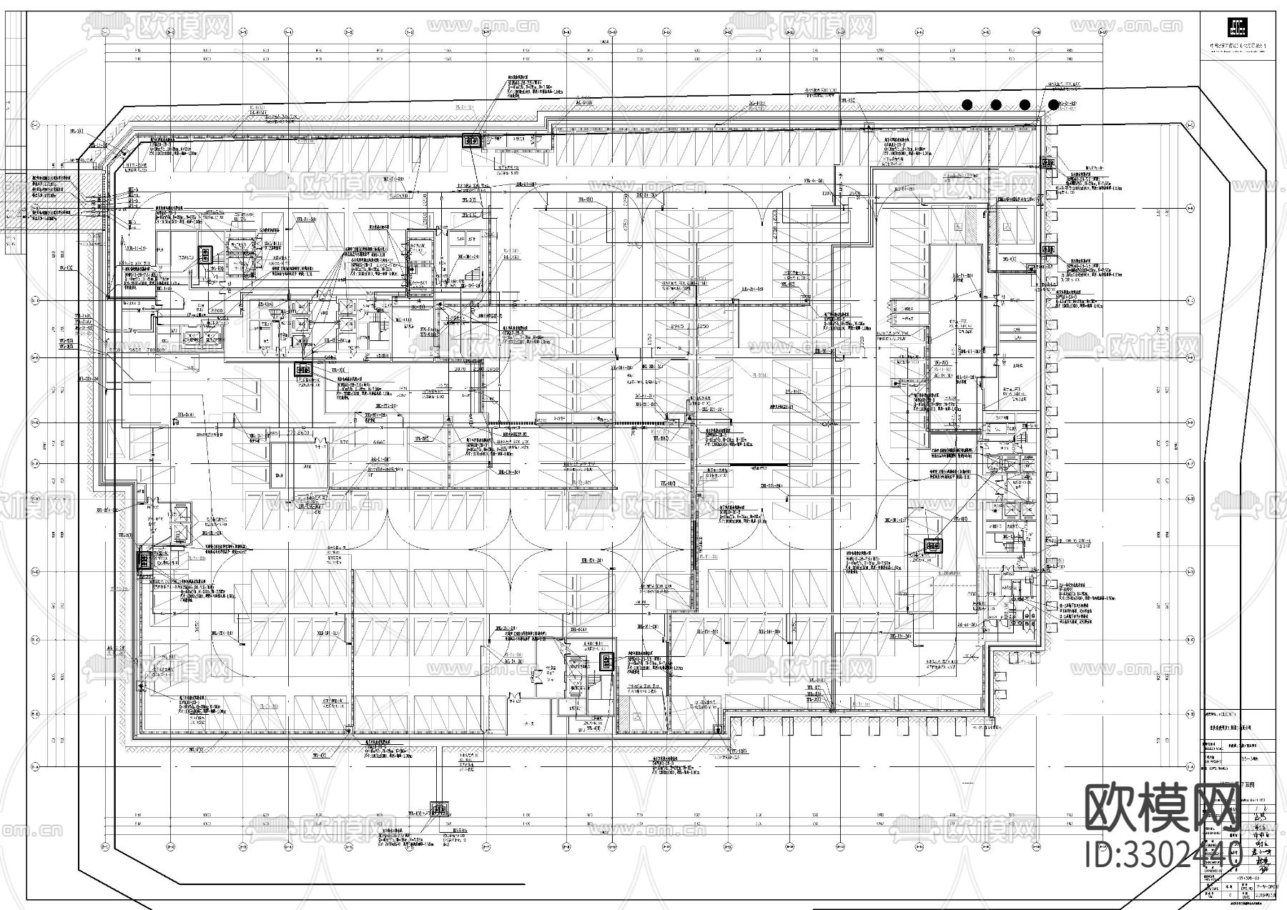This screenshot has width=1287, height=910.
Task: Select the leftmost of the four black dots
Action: [x=967, y=104]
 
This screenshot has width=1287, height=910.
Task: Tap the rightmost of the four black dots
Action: [x=1053, y=104]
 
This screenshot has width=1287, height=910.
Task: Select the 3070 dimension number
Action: [x=460, y=370]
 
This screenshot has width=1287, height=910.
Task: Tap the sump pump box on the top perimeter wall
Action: [x=473, y=141]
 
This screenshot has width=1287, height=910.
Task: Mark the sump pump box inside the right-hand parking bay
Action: [x=932, y=545]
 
